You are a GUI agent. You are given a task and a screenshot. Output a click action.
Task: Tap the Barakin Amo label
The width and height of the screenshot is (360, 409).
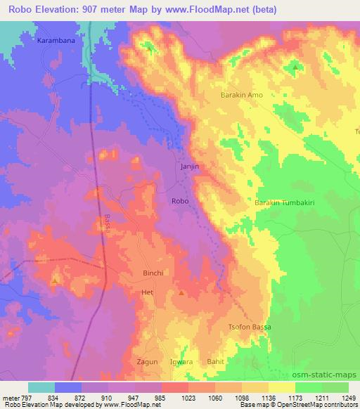click(241, 95)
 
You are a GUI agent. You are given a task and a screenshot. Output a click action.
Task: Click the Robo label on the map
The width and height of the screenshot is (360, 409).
click(179, 201)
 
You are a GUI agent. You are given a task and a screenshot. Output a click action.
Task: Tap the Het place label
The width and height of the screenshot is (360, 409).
click(147, 291)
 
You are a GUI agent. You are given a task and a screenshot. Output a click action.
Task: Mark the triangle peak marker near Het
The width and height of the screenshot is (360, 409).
click(182, 292)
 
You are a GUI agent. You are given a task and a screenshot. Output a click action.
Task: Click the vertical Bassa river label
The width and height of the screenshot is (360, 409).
click(108, 225)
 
